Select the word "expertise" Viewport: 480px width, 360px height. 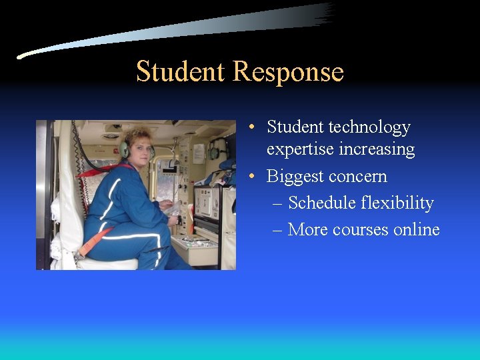pyautogui.click(x=301, y=149)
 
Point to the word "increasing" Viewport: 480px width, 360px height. pyautogui.click(x=377, y=149)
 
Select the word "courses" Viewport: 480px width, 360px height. pyautogui.click(x=358, y=229)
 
